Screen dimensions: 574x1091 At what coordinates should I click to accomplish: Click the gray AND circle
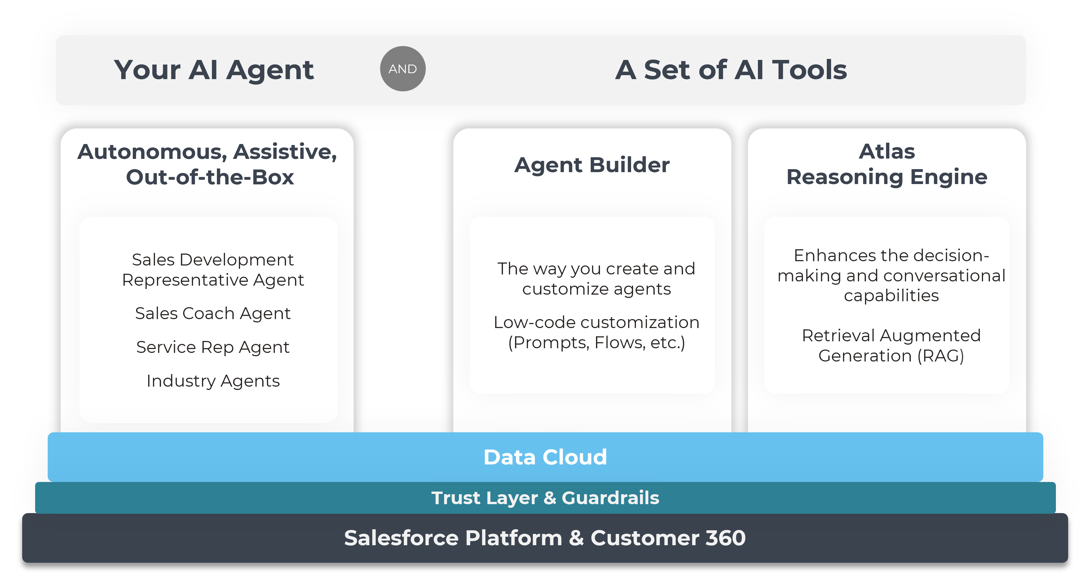click(x=402, y=69)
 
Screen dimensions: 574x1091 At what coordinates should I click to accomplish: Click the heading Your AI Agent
click(x=214, y=70)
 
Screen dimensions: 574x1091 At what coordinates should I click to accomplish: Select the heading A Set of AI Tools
click(x=731, y=70)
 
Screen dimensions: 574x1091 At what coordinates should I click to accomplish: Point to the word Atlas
click(x=886, y=151)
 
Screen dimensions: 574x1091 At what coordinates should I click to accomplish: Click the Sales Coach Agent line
click(x=213, y=313)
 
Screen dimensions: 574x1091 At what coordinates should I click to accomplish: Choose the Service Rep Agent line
click(x=213, y=347)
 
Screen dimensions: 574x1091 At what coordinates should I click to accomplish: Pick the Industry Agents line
click(x=213, y=381)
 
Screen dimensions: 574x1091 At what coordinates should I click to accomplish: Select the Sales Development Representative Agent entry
click(x=213, y=270)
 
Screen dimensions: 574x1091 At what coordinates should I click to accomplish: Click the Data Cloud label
click(x=545, y=457)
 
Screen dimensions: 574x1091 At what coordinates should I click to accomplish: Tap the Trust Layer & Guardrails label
click(x=545, y=498)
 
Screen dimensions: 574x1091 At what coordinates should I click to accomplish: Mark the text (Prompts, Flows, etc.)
click(x=596, y=343)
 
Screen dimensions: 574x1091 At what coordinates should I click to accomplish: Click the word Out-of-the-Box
click(x=210, y=177)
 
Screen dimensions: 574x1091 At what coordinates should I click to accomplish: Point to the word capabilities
click(x=891, y=296)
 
